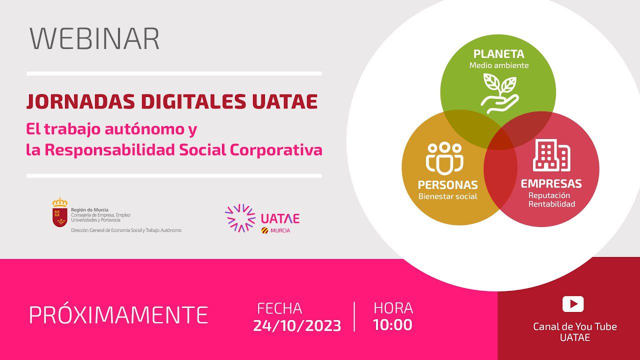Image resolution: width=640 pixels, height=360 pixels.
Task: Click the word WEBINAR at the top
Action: point(94,38)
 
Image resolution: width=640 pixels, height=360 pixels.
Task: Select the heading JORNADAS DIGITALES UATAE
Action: point(171,101)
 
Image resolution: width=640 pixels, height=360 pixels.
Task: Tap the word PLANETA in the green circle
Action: point(498,54)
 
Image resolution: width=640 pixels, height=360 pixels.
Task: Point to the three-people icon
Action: point(444,157)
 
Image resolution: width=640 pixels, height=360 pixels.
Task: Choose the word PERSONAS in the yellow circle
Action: point(447,185)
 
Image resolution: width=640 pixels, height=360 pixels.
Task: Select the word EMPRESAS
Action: point(551,183)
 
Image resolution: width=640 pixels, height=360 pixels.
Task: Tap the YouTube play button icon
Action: point(573,304)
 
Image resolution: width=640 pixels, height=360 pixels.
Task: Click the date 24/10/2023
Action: point(297,326)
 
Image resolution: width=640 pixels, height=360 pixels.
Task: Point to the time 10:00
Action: point(392,325)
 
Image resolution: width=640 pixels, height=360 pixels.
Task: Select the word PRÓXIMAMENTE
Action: point(118,315)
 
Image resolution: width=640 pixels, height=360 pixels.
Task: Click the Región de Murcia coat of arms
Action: point(60,212)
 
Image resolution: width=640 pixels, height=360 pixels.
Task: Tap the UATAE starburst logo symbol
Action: point(240,218)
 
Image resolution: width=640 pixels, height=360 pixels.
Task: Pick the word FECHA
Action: point(279,308)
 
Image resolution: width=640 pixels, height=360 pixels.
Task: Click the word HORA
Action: point(393,308)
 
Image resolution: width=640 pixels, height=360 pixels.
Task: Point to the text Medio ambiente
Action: point(498,65)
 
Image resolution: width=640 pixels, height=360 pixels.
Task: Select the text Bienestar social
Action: point(447,196)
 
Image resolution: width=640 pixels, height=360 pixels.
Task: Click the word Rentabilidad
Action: point(551,204)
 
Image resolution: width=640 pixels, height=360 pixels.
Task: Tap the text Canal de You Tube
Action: point(575,326)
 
